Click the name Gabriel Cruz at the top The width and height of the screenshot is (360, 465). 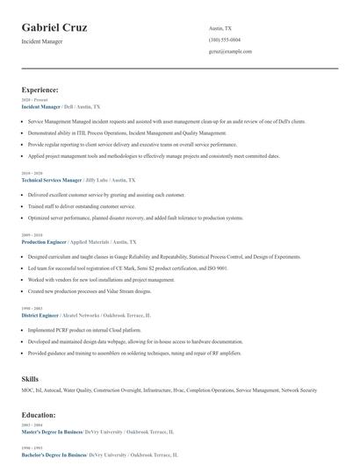(54, 27)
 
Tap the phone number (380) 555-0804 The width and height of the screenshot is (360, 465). (226, 40)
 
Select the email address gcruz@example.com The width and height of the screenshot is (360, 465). (230, 52)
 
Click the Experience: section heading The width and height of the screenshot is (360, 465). (40, 89)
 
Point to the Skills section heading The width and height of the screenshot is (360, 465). (30, 378)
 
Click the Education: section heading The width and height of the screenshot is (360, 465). (39, 414)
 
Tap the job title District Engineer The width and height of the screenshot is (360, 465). (41, 314)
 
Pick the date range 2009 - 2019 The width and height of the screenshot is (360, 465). (32, 235)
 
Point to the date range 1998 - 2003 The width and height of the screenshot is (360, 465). (32, 308)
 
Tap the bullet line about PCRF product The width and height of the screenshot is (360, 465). (91, 329)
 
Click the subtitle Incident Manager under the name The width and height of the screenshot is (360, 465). (41, 41)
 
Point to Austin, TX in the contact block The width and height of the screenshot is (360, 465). (220, 29)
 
